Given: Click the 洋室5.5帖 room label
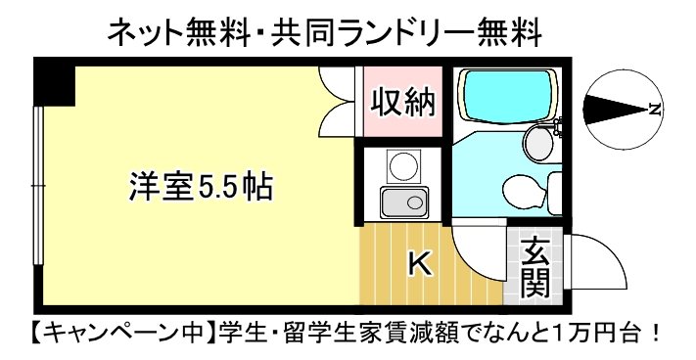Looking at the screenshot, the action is click(201, 187).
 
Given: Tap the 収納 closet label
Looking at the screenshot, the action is click(403, 103).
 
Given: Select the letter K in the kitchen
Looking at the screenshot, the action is click(420, 264).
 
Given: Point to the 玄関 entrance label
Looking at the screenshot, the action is click(534, 269).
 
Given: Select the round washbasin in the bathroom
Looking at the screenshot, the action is click(538, 143).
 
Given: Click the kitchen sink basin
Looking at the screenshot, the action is click(404, 202).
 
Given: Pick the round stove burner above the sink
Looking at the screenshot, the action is click(403, 166).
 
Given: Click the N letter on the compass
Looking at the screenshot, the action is click(653, 110).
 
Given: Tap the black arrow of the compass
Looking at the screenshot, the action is click(615, 110).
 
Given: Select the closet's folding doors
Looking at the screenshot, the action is click(338, 102).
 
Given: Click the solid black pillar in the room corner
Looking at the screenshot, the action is click(55, 84).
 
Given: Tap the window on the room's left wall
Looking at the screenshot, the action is click(39, 186).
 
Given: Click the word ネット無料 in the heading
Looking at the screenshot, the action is click(178, 33).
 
